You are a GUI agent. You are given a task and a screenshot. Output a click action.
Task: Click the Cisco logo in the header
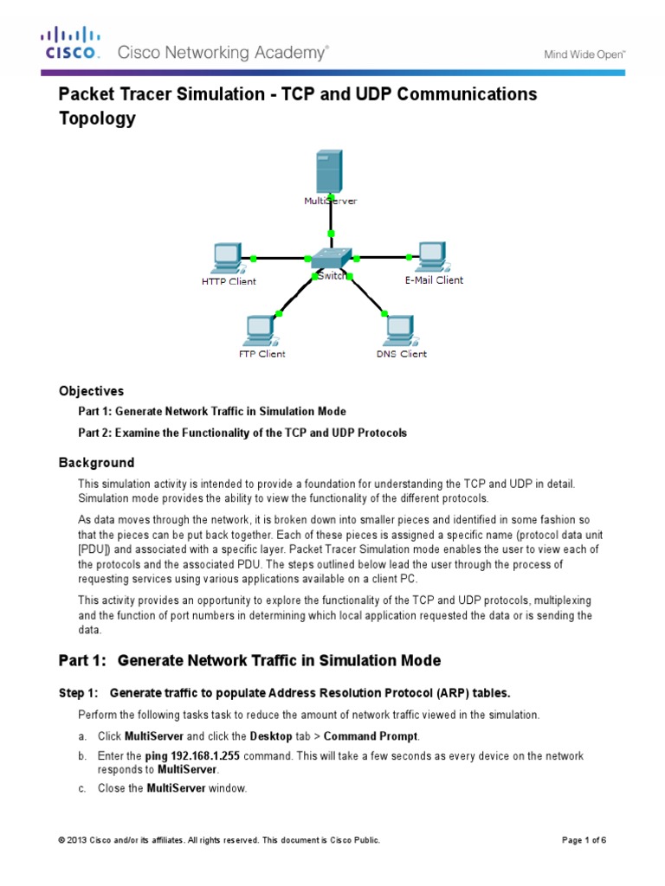click(71, 44)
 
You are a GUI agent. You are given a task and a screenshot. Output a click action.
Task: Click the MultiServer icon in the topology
click(329, 170)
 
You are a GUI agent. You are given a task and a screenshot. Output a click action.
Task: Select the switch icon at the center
click(332, 258)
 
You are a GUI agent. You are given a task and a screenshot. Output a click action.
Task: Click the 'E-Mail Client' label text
click(434, 280)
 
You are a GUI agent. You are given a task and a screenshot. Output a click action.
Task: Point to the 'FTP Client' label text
click(261, 354)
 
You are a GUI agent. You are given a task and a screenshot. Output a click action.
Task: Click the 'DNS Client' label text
click(401, 354)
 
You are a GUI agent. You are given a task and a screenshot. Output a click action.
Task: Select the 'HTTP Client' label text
click(229, 282)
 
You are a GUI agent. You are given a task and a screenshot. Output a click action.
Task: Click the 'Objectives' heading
click(91, 391)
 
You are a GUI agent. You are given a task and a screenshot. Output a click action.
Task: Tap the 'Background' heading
click(96, 463)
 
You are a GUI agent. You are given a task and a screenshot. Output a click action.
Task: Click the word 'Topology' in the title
click(97, 119)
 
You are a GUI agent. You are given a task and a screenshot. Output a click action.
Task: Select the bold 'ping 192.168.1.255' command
click(192, 756)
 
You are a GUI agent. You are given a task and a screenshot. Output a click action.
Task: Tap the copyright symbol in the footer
click(61, 840)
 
